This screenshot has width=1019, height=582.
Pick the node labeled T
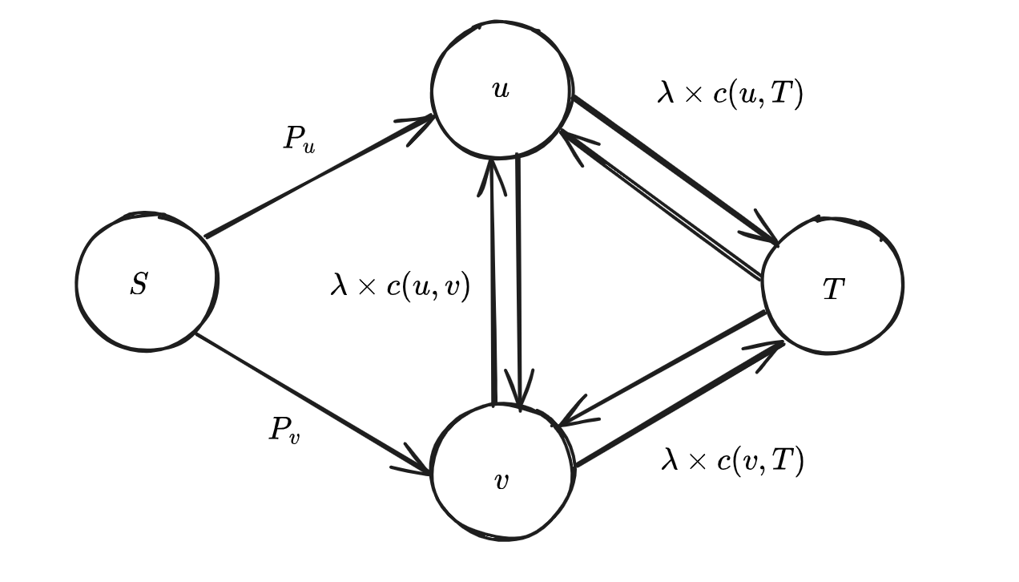[x=832, y=285]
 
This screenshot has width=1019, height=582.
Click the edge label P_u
[x=299, y=139]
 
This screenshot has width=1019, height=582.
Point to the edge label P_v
[x=284, y=430]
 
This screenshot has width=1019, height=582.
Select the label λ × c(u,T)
[x=730, y=94]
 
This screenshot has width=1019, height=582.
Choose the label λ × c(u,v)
[x=400, y=285]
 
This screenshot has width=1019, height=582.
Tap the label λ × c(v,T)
[x=732, y=460]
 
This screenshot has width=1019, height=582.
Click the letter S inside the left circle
[x=139, y=284]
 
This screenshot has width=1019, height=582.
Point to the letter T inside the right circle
[x=833, y=289]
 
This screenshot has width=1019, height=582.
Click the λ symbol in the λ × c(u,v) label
[x=339, y=285]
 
